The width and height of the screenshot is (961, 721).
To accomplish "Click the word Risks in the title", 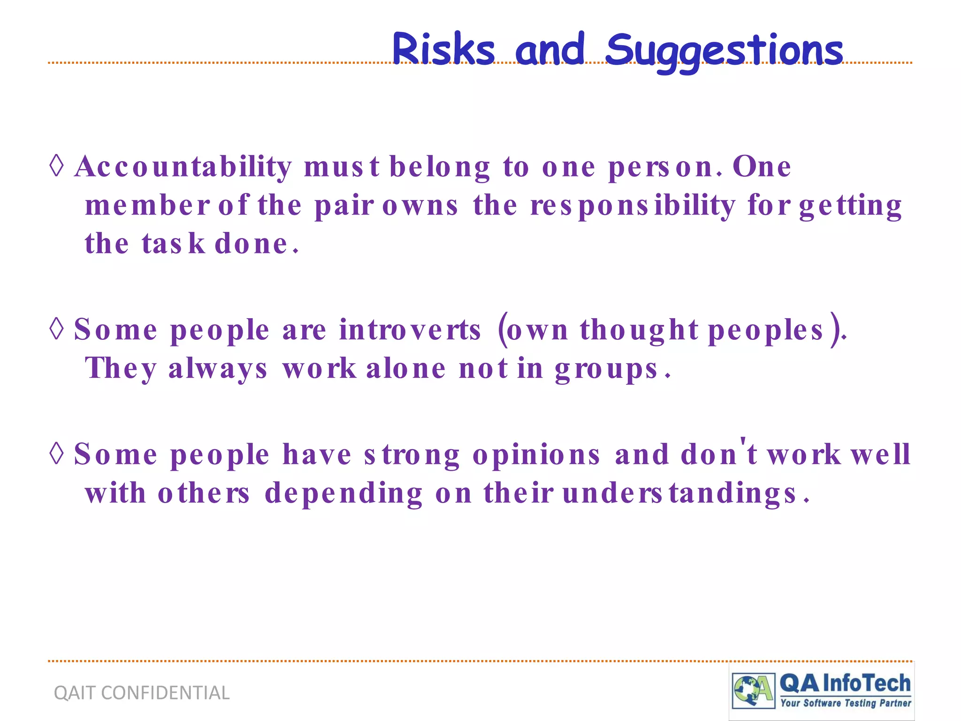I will [x=443, y=49].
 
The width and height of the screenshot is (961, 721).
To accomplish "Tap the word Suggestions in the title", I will [x=724, y=51].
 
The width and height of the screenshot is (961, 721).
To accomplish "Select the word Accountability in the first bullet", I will [x=183, y=167].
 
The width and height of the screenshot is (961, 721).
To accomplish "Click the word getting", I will [x=850, y=207].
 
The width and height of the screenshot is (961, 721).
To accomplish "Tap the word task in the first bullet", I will [x=173, y=244].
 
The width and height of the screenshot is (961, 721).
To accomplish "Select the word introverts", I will [x=410, y=330].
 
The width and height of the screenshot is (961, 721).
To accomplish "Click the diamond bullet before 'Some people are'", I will [x=56, y=329].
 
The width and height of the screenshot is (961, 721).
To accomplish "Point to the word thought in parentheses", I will [x=639, y=330].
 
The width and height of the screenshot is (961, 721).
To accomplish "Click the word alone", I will [x=405, y=368].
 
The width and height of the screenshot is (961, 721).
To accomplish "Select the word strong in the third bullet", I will [x=412, y=455].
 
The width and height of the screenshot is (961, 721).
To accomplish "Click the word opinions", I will [x=536, y=455].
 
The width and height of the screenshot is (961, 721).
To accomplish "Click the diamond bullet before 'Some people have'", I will [x=56, y=453].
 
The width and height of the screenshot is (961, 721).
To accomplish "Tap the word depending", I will [x=343, y=494].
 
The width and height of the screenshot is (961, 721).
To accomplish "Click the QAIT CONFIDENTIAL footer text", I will [x=142, y=693].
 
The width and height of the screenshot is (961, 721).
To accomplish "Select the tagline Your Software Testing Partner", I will [x=845, y=703].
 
